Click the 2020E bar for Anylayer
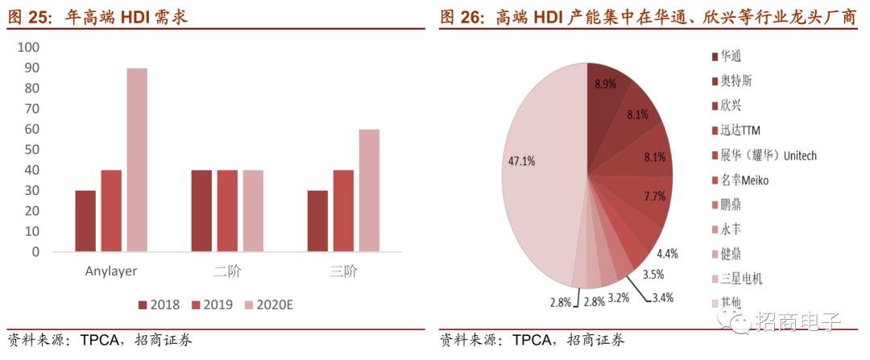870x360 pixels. click(x=137, y=159)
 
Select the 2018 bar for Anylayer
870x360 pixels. click(x=85, y=221)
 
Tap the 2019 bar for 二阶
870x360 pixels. click(x=227, y=210)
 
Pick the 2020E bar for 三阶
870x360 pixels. click(x=369, y=190)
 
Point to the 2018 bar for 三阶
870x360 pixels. click(x=317, y=221)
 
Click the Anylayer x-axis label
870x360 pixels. click(x=111, y=271)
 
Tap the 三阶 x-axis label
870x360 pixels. click(x=343, y=271)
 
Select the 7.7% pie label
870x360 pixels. click(x=655, y=196)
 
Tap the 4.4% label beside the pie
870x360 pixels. click(x=668, y=253)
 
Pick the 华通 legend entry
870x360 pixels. click(x=730, y=56)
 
